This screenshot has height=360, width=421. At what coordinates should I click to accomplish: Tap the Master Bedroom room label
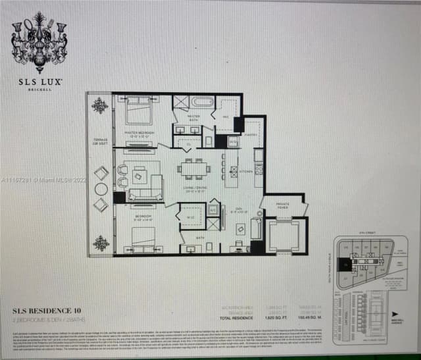(x=139, y=133)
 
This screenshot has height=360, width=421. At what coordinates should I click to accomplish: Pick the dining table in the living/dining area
(x=193, y=168)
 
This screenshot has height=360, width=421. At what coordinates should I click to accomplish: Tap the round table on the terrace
(x=101, y=189)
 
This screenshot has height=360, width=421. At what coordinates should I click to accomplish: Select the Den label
(x=241, y=212)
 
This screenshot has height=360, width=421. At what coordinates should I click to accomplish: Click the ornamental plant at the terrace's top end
(x=100, y=105)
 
